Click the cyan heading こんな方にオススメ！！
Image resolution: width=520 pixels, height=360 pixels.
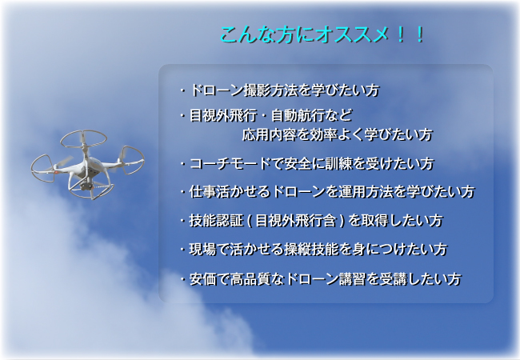[x=322, y=35]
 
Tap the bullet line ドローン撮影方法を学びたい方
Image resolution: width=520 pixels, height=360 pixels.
[x=284, y=90]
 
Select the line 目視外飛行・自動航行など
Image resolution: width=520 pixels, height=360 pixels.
[x=270, y=115]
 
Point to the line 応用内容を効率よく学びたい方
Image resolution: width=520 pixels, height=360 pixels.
[x=338, y=134]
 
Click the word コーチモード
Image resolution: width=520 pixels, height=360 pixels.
[x=230, y=164]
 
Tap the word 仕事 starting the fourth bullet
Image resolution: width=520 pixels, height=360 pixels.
[x=202, y=192]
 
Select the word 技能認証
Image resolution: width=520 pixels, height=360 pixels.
[x=216, y=221]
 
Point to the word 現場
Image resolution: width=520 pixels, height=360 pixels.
[x=202, y=250]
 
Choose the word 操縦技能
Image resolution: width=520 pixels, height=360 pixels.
[x=310, y=250]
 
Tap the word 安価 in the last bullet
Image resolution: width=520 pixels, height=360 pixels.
[x=202, y=279]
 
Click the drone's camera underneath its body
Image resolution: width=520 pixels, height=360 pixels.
[x=86, y=186]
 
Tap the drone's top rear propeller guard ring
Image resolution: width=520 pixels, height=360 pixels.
[x=83, y=139]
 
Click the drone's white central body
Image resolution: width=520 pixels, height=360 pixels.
[x=87, y=167]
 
